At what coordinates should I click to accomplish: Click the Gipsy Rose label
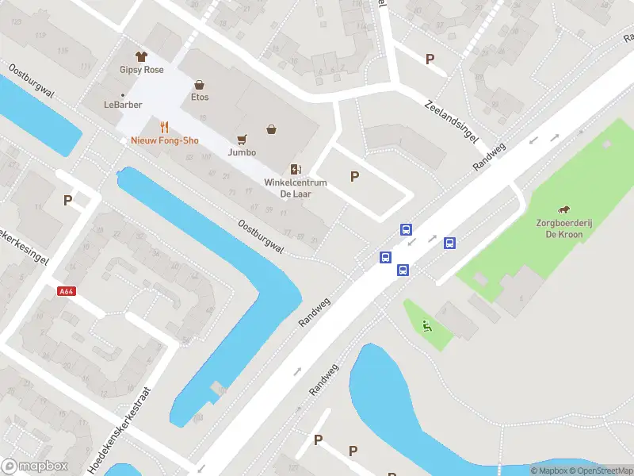142,70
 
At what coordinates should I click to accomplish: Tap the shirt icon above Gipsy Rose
142,56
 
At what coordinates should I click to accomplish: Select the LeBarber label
121,104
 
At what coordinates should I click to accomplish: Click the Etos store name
200,97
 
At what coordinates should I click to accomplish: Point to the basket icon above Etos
199,84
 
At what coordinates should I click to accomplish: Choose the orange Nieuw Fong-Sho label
165,140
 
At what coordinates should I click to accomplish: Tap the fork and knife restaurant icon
165,127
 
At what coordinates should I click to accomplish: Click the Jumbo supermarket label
242,152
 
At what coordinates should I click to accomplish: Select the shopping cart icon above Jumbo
242,139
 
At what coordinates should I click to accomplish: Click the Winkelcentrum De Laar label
296,188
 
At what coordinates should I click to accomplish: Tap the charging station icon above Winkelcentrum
296,169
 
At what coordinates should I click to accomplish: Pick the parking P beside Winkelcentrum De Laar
354,177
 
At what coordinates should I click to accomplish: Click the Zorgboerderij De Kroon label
564,228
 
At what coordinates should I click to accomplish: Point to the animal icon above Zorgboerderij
564,210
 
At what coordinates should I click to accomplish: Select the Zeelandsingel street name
452,123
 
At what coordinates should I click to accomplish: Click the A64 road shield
67,291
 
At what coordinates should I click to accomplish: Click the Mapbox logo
35,466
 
